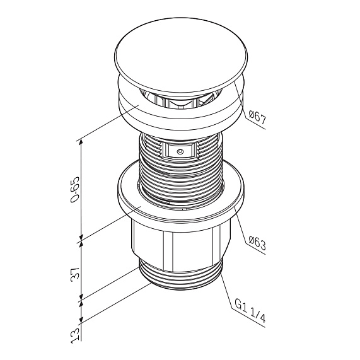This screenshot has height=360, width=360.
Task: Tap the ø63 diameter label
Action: coord(257,244)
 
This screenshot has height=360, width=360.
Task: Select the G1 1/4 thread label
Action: coord(250,311)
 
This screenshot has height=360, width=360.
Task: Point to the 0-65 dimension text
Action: coord(75,190)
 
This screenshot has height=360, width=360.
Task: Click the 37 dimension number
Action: coord(75,273)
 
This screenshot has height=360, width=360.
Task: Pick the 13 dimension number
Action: coord(75,335)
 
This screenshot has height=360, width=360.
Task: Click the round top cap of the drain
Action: coord(181,56)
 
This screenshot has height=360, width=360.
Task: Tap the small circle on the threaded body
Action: coord(180,151)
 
